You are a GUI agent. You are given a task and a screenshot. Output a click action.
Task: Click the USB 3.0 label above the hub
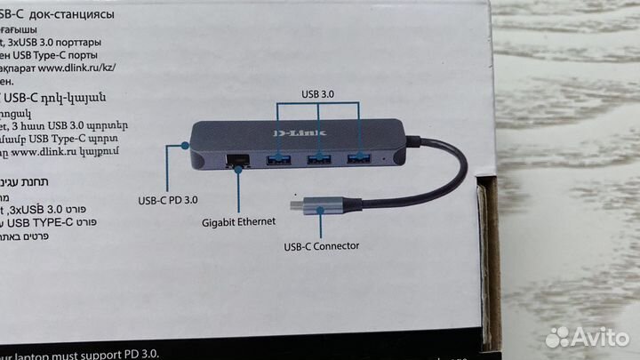click(x=319, y=93)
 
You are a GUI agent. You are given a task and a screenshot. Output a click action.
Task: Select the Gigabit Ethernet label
click(x=238, y=221)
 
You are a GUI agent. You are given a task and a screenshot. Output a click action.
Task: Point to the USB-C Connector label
click(x=321, y=246)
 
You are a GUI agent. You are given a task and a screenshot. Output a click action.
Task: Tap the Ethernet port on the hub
click(x=238, y=161)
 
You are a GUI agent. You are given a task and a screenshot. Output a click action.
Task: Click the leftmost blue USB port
click(x=279, y=160)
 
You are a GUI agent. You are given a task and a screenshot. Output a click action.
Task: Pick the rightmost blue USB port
click(x=359, y=158)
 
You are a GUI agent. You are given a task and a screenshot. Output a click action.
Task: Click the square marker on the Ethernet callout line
click(x=237, y=172)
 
